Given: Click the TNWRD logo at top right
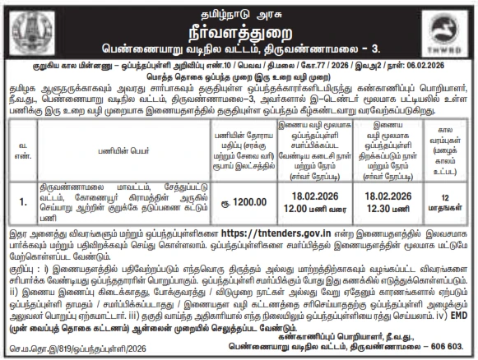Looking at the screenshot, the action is (445, 31).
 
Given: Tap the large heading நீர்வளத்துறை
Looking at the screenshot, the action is (238, 27).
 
